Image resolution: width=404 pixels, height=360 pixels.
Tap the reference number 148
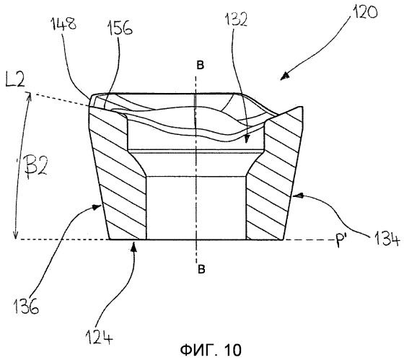point(64,24)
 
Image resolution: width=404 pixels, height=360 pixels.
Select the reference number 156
point(120,28)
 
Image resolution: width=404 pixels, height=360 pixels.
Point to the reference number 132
point(236,19)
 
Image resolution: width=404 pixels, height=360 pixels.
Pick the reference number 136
point(26,306)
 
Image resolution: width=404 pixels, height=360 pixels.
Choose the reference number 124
point(100,337)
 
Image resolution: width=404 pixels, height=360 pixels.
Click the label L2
point(15,79)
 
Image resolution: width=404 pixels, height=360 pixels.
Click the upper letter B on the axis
point(201,65)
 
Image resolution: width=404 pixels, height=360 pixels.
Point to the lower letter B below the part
point(201,269)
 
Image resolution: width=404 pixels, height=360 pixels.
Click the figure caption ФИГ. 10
point(211,349)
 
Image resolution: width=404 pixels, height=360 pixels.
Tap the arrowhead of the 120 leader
point(284,76)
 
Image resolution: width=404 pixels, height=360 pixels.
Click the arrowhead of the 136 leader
point(97,206)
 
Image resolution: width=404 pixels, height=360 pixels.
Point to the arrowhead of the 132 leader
point(247,139)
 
